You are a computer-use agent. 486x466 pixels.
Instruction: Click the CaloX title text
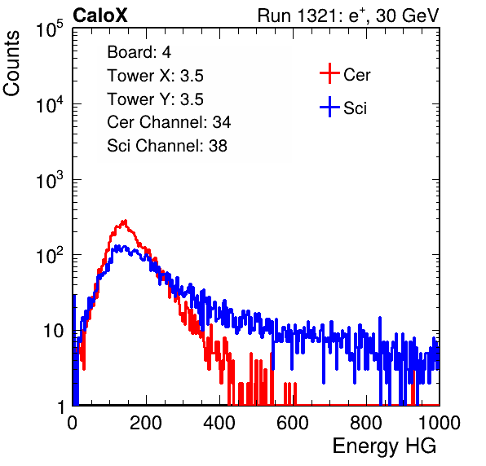(x=100, y=15)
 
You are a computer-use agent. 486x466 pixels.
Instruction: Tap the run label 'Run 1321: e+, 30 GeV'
(x=348, y=15)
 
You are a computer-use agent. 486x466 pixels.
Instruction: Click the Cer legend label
(x=356, y=75)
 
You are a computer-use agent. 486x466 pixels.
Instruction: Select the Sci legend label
(x=355, y=108)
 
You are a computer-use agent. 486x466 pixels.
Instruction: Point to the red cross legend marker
(x=329, y=73)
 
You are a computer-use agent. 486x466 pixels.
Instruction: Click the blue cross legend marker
(x=329, y=107)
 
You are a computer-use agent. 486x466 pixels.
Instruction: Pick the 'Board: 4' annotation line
(x=139, y=52)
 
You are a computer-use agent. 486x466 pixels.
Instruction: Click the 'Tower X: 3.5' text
(x=155, y=76)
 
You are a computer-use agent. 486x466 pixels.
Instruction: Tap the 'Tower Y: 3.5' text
(x=155, y=99)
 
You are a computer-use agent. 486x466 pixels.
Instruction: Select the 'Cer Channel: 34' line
(x=169, y=122)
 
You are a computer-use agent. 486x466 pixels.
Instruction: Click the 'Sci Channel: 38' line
(x=167, y=146)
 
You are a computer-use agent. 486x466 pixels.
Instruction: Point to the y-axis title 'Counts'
(x=11, y=64)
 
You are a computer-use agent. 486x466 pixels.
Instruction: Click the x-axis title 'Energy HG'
(x=384, y=446)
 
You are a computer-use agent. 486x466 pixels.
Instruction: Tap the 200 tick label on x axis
(x=146, y=423)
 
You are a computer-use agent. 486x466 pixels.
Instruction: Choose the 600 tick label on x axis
(x=293, y=423)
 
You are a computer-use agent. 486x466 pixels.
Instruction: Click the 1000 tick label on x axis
(x=440, y=423)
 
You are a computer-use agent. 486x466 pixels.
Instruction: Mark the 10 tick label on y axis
(x=54, y=331)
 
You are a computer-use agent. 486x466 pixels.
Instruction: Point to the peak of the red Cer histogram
(x=124, y=221)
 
